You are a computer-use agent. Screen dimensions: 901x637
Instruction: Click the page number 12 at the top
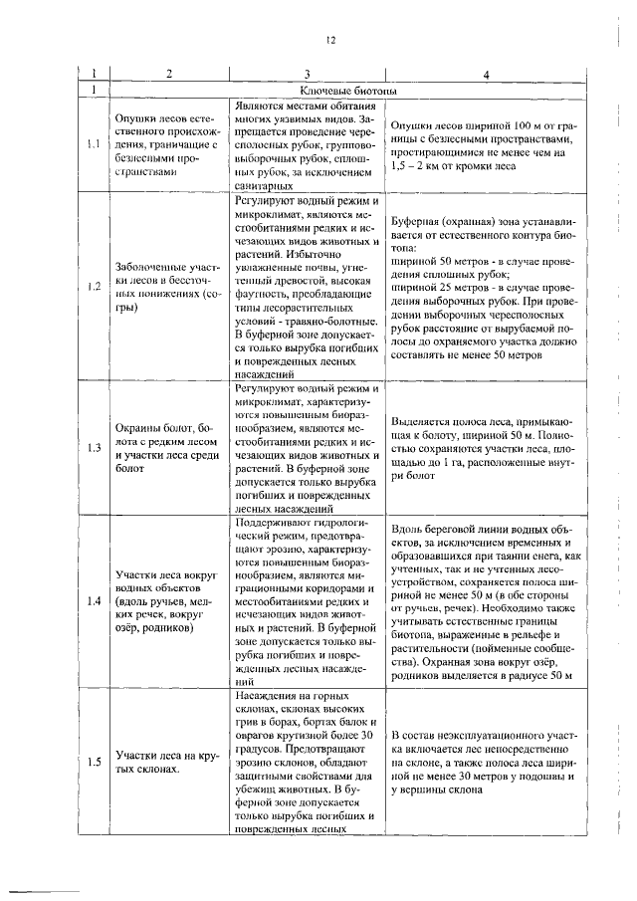point(329,40)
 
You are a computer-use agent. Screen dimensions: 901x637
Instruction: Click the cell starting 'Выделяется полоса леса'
point(484,447)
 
